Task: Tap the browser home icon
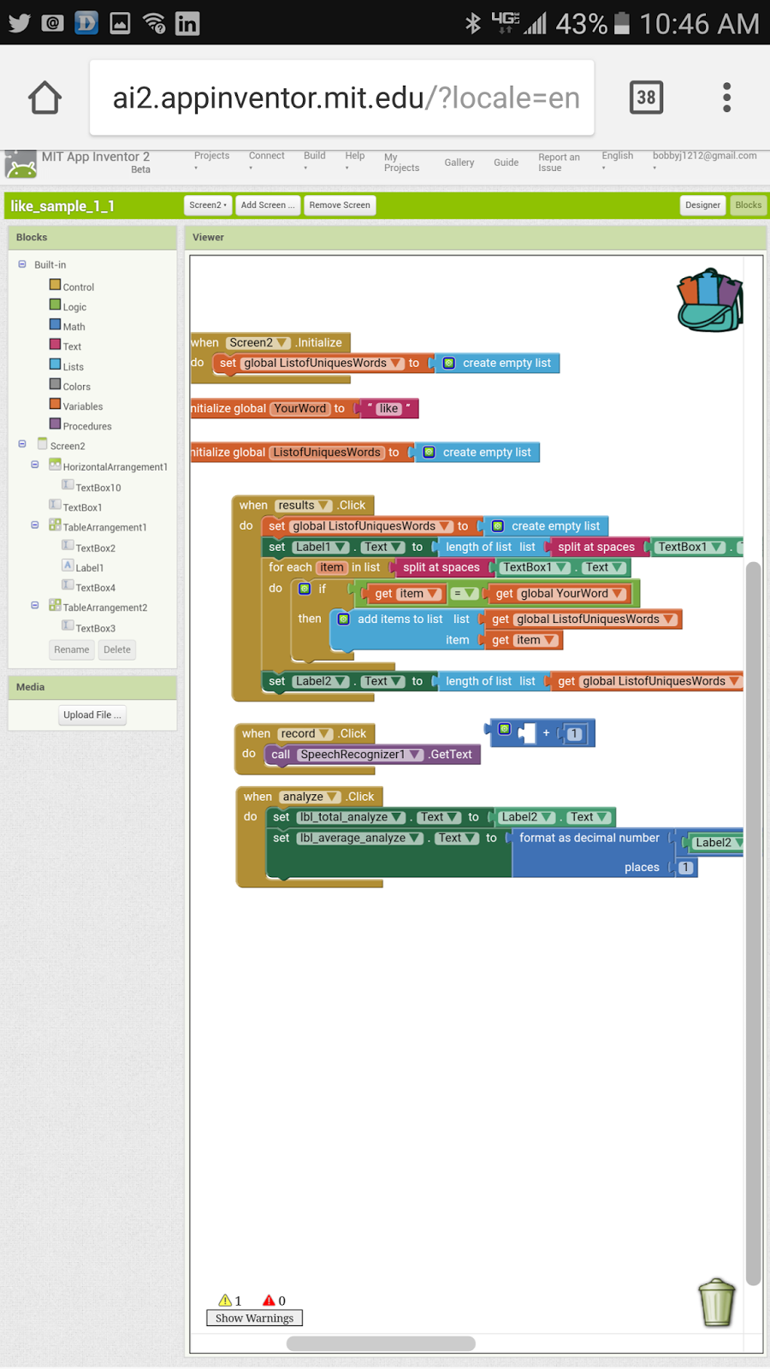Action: pos(44,98)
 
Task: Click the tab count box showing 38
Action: pos(646,98)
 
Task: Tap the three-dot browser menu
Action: pos(726,98)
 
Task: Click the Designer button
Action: pos(702,205)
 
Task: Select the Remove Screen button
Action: pos(340,205)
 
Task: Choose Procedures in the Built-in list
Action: pos(86,426)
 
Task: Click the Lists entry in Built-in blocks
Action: pos(73,367)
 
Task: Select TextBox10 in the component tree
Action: pos(98,488)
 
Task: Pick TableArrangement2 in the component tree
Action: pos(104,607)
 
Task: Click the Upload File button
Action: pos(92,715)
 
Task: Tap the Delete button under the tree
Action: pos(117,650)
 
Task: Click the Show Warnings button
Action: pos(254,1319)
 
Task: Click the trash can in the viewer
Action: pos(717,1302)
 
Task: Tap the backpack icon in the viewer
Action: pos(710,300)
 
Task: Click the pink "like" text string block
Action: pos(388,409)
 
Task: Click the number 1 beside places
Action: pos(685,868)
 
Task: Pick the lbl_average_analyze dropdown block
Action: pos(359,839)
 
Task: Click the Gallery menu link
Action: pos(459,163)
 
